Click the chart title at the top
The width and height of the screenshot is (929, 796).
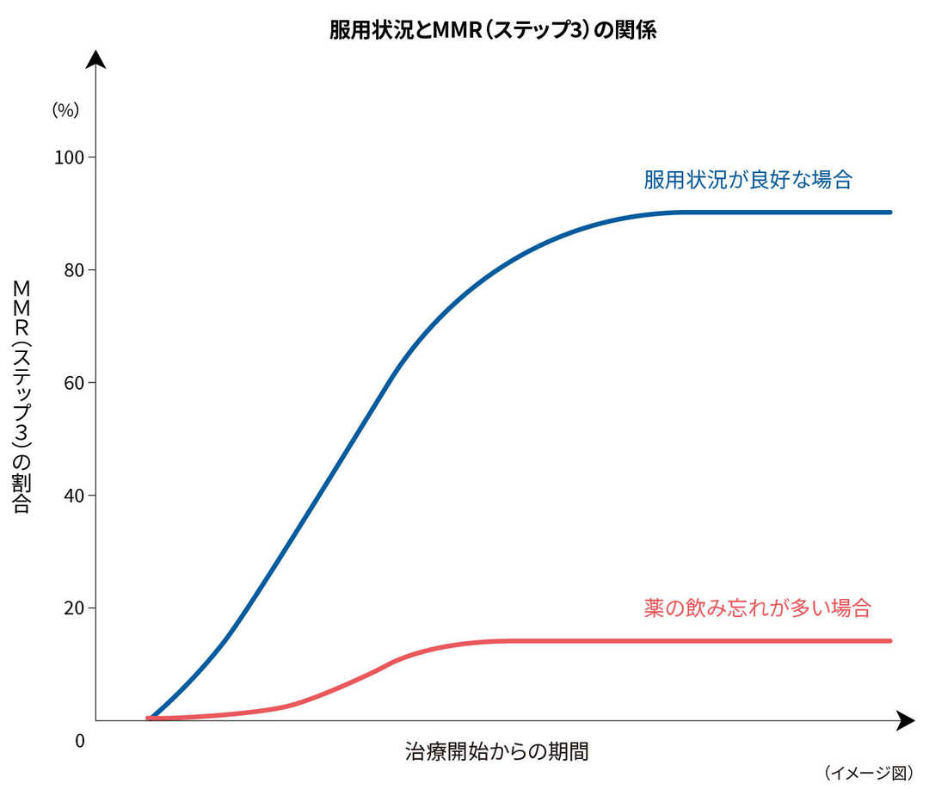[x=493, y=30]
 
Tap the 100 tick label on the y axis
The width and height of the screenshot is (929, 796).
[x=71, y=157]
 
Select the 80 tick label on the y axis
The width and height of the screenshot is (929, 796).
[x=74, y=270]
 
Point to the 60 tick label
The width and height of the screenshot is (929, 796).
[x=74, y=383]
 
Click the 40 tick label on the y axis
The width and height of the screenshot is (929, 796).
[x=74, y=496]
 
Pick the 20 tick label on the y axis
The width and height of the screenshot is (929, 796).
[x=74, y=608]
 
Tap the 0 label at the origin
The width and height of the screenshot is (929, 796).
[x=80, y=740]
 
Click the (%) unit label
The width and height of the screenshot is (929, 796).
[x=65, y=109]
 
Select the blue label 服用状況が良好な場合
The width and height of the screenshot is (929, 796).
[x=748, y=180]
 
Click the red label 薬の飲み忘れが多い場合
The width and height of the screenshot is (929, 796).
[x=757, y=608]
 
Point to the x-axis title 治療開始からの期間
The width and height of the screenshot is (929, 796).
[x=496, y=751]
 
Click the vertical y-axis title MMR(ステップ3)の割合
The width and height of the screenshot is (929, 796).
[x=22, y=396]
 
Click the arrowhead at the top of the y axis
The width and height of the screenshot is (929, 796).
[x=95, y=60]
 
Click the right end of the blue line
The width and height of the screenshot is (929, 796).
[x=890, y=212]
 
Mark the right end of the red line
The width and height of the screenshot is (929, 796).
[x=890, y=640]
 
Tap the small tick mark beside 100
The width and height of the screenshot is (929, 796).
[x=91, y=157]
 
